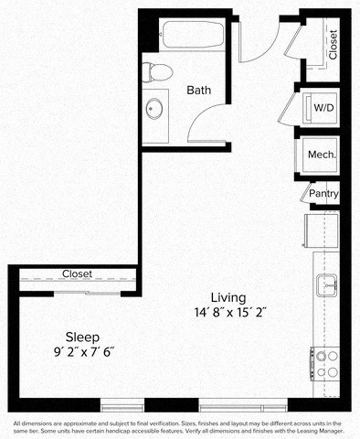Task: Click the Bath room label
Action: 199,91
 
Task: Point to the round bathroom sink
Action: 154,109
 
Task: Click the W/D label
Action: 323,108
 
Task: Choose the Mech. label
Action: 323,155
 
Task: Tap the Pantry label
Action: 323,194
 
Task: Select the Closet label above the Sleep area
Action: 77,274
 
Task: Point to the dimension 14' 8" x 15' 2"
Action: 228,312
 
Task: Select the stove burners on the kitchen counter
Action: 326,364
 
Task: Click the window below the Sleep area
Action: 122,405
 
